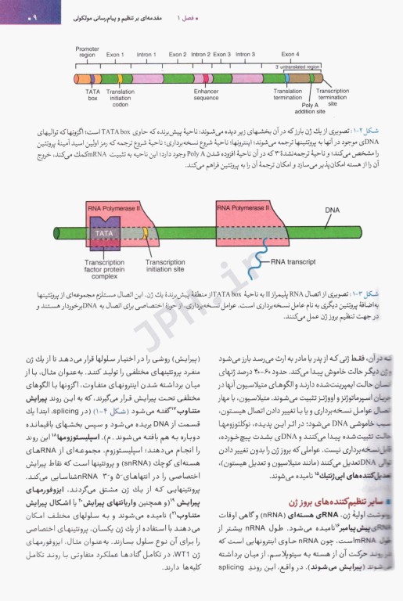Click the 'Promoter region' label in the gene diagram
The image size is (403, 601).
[x=87, y=52]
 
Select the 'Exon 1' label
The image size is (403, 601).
[x=116, y=55]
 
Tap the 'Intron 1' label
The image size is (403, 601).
[x=146, y=55]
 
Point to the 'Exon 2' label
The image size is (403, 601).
[x=178, y=55]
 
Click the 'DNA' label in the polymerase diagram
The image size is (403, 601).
[x=332, y=210]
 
